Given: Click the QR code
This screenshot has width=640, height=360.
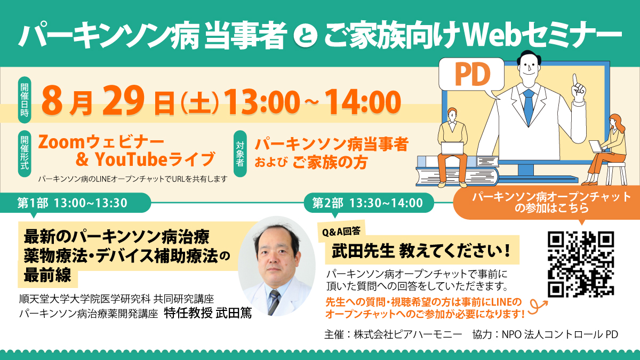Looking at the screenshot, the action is (x=581, y=265).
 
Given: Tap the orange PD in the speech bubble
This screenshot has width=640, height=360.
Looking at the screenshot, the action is (x=473, y=74).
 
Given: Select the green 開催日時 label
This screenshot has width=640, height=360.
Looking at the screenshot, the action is (x=25, y=100).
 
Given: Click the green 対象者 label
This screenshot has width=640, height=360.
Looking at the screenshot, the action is (x=240, y=154).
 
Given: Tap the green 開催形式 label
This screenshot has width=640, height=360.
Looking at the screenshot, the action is (x=25, y=154).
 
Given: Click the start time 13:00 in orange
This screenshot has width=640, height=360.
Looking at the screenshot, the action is (x=262, y=102).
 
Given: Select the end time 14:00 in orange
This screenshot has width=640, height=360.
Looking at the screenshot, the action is (x=363, y=102).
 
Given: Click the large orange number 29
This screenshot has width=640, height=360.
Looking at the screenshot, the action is (x=123, y=101).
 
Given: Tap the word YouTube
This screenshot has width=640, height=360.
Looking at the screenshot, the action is (x=131, y=159).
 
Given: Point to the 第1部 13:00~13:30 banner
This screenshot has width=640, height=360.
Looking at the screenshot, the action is (x=75, y=203).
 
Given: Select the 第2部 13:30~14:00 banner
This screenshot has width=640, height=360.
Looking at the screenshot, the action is (x=369, y=203).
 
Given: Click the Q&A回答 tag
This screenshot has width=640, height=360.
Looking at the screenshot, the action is (x=341, y=231).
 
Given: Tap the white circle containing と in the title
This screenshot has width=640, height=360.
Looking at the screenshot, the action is (x=306, y=36).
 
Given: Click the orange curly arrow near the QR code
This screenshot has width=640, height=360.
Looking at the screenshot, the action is (x=537, y=306).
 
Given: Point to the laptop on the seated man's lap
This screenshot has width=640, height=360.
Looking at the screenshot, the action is (x=452, y=148).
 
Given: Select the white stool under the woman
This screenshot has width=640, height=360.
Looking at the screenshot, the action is (x=617, y=173).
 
